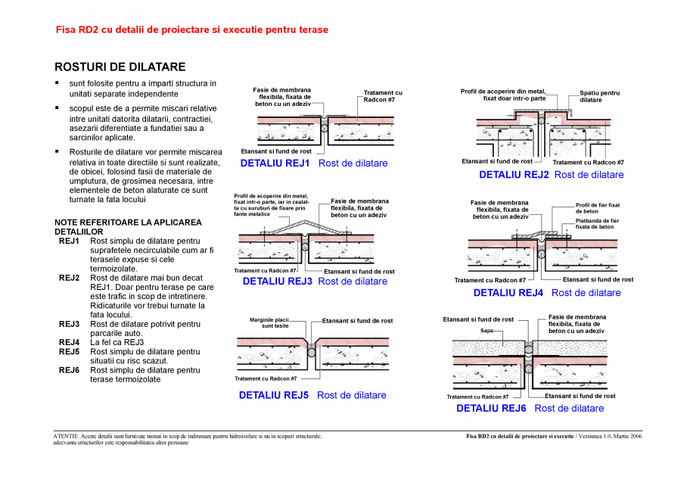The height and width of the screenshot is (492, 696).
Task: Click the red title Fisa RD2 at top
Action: [x=192, y=30]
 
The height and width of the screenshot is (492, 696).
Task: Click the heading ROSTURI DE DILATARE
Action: [x=120, y=67]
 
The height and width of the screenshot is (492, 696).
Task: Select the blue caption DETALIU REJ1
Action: [x=275, y=163]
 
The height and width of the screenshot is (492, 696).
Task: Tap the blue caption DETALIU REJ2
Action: [x=514, y=175]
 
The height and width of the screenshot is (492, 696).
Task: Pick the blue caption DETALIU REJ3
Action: [x=277, y=282]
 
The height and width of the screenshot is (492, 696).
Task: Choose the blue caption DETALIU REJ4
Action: [x=508, y=293]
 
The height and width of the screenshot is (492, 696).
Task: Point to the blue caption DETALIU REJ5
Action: [x=274, y=395]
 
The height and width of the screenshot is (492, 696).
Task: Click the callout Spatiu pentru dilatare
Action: [x=600, y=96]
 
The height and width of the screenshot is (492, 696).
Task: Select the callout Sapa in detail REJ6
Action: [x=486, y=331]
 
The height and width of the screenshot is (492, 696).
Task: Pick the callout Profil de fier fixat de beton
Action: [x=598, y=208]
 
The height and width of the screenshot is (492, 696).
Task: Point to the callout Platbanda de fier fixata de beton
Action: [x=597, y=223]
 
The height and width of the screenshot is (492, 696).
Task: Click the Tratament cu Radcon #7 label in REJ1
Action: [x=383, y=96]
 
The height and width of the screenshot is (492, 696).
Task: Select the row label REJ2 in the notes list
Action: [x=70, y=278]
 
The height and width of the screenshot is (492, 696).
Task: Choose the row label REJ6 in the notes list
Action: [x=70, y=370]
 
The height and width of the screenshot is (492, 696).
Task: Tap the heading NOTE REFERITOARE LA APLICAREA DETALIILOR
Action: [x=128, y=226]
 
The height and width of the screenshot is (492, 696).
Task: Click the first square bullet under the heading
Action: [x=56, y=83]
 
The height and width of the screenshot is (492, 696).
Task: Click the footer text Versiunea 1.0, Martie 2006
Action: [x=609, y=437]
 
